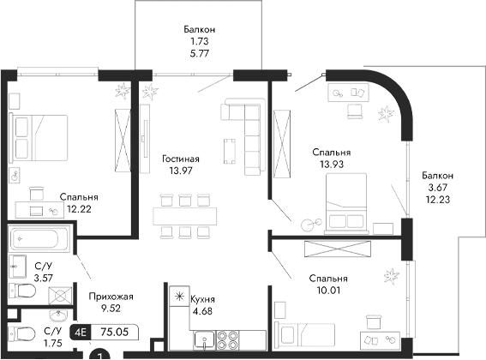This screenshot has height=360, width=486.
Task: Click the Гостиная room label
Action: click(x=180, y=159)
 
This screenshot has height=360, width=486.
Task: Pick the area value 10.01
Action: click(x=330, y=291)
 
